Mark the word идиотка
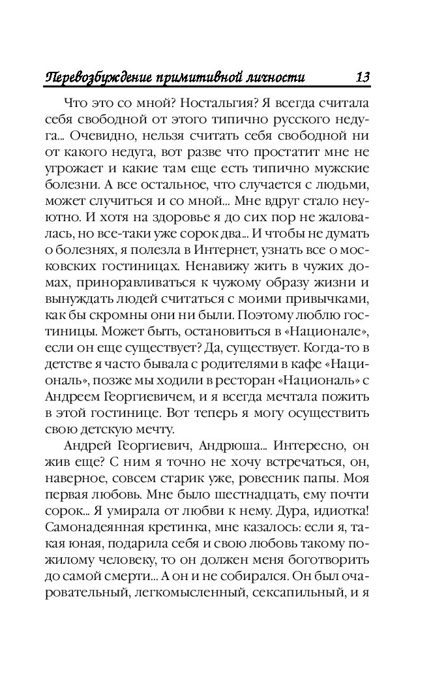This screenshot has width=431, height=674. tap(340, 512)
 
